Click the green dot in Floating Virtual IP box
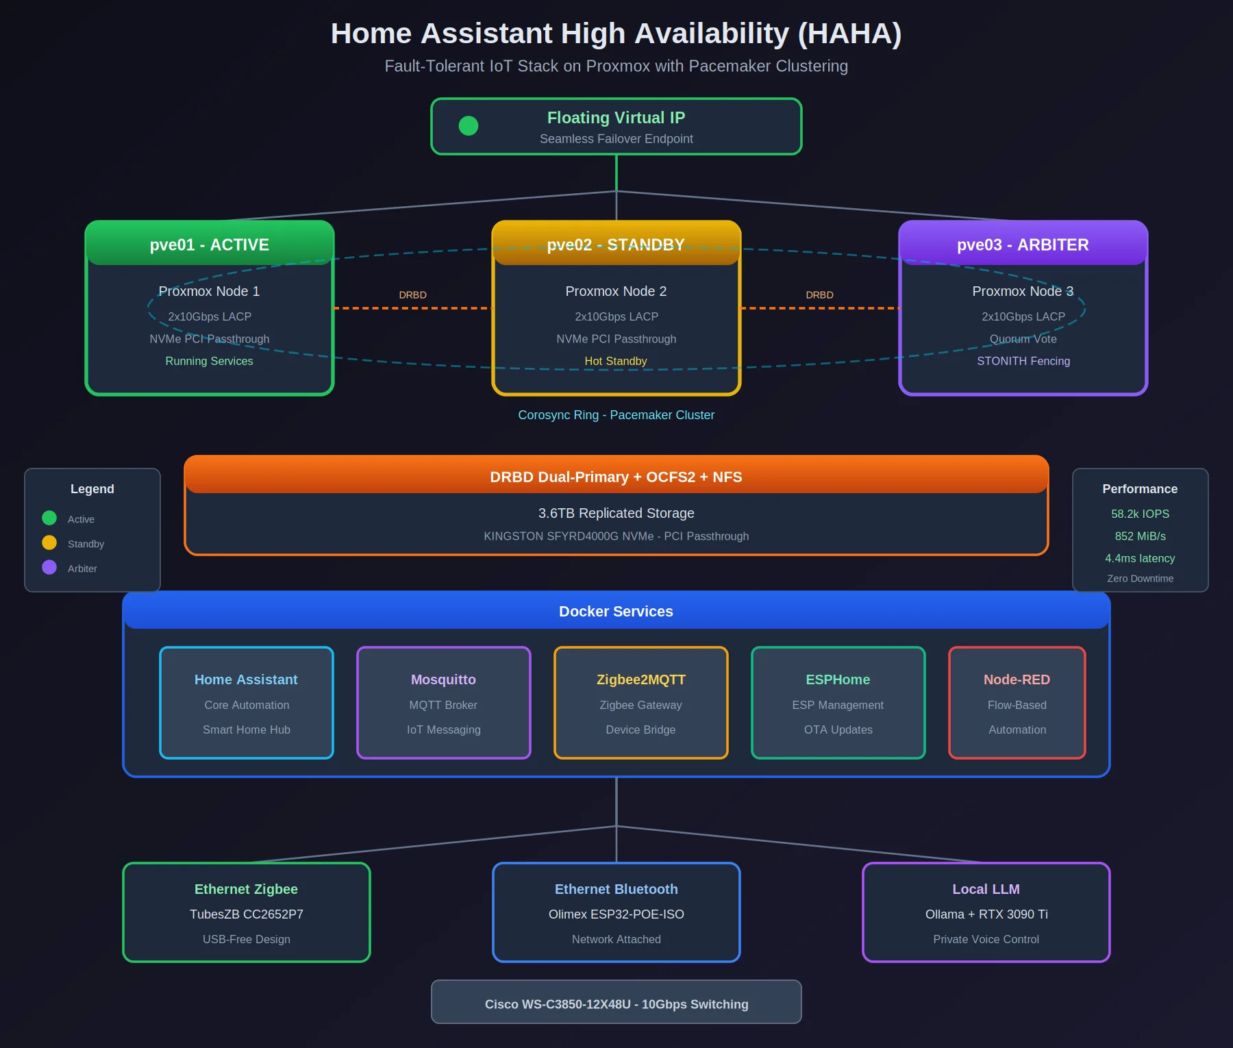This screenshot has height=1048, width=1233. click(x=469, y=126)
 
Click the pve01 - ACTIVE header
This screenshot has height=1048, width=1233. click(x=210, y=245)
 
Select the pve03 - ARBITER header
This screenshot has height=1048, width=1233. click(x=1023, y=245)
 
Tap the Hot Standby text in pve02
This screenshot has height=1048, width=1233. click(x=616, y=361)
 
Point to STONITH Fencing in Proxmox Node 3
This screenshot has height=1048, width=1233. click(x=1023, y=361)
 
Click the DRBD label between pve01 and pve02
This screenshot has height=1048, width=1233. click(x=412, y=295)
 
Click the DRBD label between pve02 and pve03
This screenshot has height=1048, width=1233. click(x=819, y=295)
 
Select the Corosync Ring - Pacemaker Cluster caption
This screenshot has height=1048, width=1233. click(x=616, y=415)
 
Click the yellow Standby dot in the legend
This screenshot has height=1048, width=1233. click(x=49, y=542)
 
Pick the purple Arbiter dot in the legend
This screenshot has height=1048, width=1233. click(x=49, y=567)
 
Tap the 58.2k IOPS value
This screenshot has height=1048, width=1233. click(x=1140, y=514)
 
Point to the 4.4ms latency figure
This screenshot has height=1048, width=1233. click(x=1140, y=558)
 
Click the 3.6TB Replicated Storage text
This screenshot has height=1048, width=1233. click(x=616, y=513)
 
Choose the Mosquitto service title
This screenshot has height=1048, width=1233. click(x=443, y=679)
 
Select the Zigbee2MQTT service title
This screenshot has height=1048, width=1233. click(x=640, y=679)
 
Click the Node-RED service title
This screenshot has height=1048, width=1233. click(x=1017, y=679)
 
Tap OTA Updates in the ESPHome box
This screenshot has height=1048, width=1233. click(x=838, y=729)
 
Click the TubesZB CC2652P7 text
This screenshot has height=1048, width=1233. click(x=246, y=914)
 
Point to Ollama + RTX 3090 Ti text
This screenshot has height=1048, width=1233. click(x=986, y=914)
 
